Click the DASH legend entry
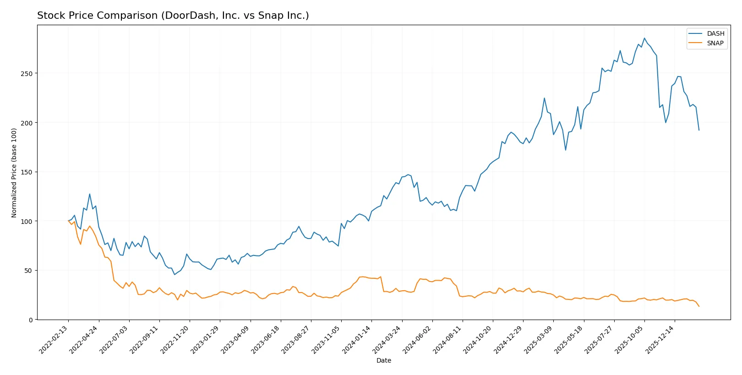pyautogui.click(x=715, y=33)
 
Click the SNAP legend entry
pyautogui.click(x=715, y=43)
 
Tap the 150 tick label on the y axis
pyautogui.click(x=27, y=172)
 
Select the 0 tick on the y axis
pyautogui.click(x=31, y=320)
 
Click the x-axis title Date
pyautogui.click(x=383, y=360)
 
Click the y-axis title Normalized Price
pyautogui.click(x=14, y=173)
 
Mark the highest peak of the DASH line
pyautogui.click(x=644, y=38)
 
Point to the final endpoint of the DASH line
pyautogui.click(x=699, y=130)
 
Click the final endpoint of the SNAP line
pyautogui.click(x=699, y=306)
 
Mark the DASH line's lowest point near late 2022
pyautogui.click(x=175, y=274)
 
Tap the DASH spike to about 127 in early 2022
pyautogui.click(x=90, y=194)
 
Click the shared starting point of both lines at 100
pyautogui.click(x=68, y=221)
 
